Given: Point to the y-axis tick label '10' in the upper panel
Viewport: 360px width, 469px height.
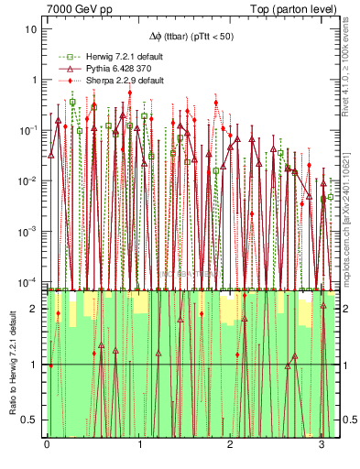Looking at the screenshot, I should (31, 28).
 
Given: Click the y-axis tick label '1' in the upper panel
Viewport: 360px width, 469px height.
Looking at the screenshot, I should (34, 80).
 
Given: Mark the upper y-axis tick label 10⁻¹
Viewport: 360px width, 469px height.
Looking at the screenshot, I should (29, 130).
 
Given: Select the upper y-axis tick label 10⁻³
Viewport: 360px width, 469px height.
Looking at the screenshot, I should (29, 231).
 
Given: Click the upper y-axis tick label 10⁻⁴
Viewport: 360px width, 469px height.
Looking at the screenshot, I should (29, 281).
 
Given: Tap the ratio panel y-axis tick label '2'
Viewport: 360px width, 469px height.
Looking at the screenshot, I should (34, 309).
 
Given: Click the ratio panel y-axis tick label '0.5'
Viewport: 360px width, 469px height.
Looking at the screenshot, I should (30, 420).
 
